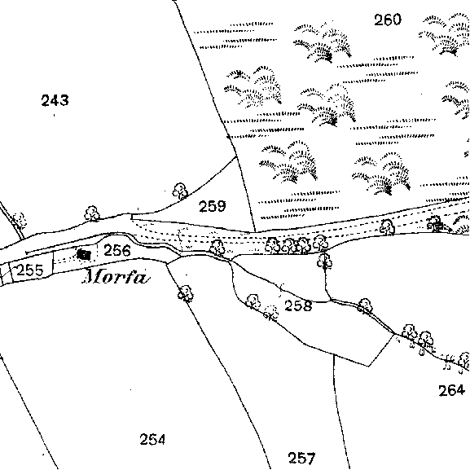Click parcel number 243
tap(55, 100)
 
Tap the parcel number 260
tap(388, 20)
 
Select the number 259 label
tap(213, 206)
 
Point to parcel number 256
tap(117, 250)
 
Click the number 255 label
tap(30, 270)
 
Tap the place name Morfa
tap(116, 276)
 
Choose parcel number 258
tap(298, 305)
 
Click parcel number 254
tap(152, 439)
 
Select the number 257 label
tap(301, 458)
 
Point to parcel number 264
tap(452, 390)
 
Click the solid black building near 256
tap(84, 255)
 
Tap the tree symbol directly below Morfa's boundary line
tap(186, 293)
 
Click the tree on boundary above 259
tap(180, 191)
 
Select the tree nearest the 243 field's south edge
tap(92, 213)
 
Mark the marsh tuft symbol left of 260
tap(323, 42)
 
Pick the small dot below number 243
tap(55, 115)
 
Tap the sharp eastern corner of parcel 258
tap(394, 334)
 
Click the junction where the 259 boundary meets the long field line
tap(237, 156)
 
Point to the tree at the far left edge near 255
tap(20, 220)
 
